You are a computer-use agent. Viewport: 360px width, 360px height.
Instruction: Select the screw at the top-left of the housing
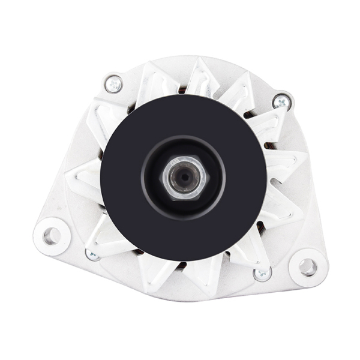[x=113, y=83]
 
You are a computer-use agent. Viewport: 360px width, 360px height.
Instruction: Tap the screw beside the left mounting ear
[x=92, y=254]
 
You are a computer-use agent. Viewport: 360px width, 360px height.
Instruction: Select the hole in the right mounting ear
[x=307, y=266]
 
